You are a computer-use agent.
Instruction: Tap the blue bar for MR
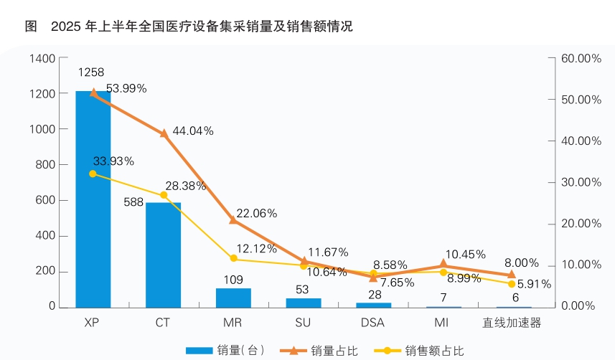[233, 298]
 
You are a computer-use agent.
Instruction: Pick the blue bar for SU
[304, 302]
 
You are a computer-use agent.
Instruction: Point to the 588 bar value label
[133, 202]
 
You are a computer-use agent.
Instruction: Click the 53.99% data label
[126, 88]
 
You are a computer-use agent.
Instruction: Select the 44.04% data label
[193, 131]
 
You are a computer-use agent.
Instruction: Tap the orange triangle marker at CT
[164, 133]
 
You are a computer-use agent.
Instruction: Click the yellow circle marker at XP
[93, 174]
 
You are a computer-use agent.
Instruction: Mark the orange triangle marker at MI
[443, 265]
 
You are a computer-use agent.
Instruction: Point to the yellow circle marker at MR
[233, 258]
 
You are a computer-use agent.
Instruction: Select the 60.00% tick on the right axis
[579, 58]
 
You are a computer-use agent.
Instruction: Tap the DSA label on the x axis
[372, 323]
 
